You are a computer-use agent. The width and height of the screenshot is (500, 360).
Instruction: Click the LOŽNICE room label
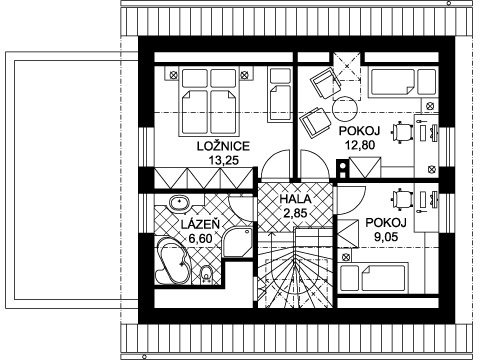(x=223, y=146)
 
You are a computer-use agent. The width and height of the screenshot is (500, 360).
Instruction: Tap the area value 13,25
(x=224, y=160)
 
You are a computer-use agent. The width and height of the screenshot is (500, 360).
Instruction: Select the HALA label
(x=295, y=199)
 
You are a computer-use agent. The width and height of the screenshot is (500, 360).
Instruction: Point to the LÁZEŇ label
(x=200, y=224)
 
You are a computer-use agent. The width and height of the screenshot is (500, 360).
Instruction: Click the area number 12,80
(x=360, y=145)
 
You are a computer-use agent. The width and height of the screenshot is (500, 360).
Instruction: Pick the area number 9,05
(x=386, y=237)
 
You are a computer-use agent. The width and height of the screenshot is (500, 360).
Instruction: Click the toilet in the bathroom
(x=207, y=275)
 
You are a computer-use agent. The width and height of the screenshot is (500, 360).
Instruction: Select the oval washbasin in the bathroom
(x=179, y=203)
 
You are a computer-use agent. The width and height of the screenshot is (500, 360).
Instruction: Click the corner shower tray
(x=238, y=242)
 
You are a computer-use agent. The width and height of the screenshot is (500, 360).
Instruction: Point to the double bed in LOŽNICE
(x=209, y=101)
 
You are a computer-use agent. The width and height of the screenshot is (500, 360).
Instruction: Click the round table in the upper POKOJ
(x=345, y=109)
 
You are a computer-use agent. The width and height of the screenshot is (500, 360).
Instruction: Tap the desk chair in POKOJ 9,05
(x=402, y=198)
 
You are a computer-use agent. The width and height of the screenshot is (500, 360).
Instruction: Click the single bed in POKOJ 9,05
(x=374, y=278)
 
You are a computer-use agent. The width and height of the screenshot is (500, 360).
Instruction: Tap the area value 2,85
(x=295, y=212)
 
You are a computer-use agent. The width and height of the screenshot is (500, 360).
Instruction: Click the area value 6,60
(x=200, y=239)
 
